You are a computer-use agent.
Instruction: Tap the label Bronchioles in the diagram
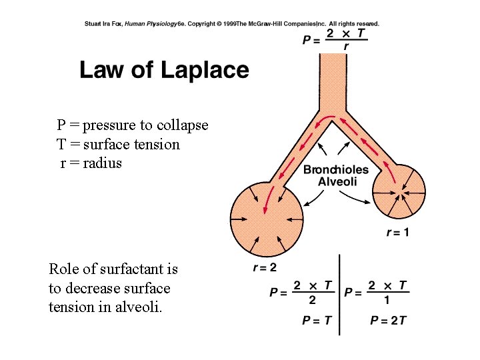coord(335,169)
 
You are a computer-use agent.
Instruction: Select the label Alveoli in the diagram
coord(337,181)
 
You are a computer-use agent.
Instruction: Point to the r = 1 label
coord(398,232)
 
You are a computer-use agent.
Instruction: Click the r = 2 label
coord(265,268)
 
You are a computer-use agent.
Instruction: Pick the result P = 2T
coord(388,321)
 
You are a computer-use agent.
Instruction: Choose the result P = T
coord(316,321)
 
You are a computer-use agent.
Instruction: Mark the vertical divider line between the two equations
coord(340,293)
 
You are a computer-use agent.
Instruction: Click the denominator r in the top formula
coord(346,47)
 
